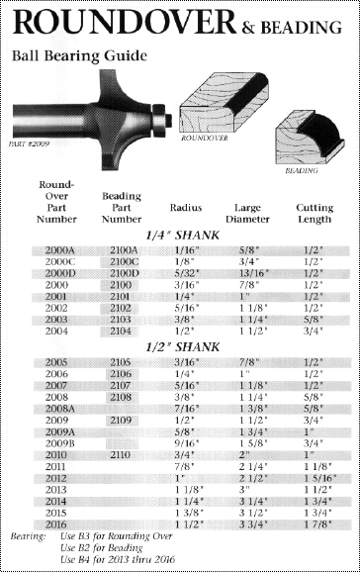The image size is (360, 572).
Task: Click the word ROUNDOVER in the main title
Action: coord(125,23)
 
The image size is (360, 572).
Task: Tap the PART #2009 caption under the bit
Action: coord(29,143)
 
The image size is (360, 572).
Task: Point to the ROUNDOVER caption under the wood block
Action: coord(205,138)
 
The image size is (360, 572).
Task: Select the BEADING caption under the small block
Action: coord(302,170)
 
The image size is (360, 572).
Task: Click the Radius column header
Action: coord(186,208)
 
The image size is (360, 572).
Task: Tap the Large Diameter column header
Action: coord(247,214)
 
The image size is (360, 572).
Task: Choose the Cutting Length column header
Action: coord(315,214)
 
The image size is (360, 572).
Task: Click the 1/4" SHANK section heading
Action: coord(182,236)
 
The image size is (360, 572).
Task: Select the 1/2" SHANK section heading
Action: coord(182,347)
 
